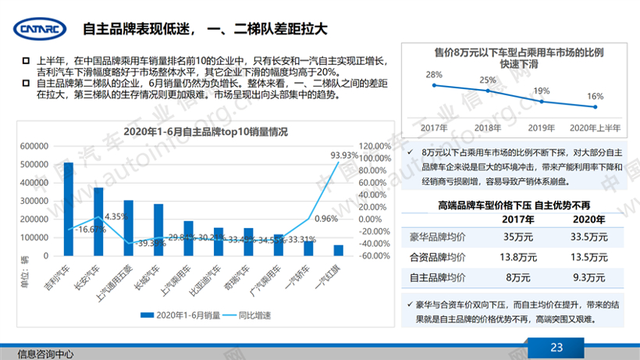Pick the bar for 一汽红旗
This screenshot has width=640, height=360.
(x=338, y=250)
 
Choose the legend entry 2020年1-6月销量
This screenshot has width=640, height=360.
(x=180, y=315)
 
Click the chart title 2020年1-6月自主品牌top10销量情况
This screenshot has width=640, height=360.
(x=207, y=130)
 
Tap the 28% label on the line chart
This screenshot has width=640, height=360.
(x=434, y=76)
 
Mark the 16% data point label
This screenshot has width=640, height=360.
(x=595, y=97)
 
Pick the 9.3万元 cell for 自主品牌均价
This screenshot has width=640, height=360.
(x=585, y=276)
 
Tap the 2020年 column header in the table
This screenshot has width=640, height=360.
(x=585, y=219)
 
